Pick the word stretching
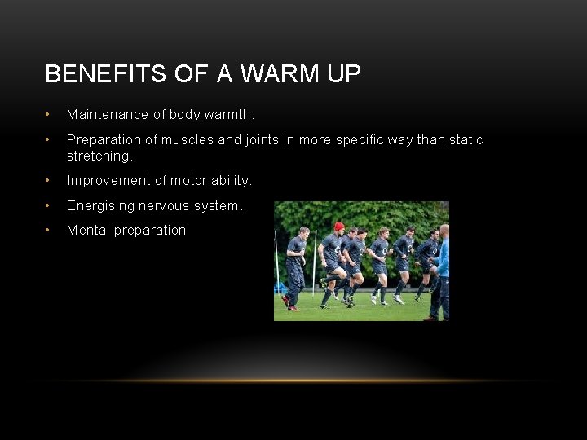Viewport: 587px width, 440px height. (x=99, y=155)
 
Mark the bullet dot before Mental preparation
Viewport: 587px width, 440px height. (x=49, y=230)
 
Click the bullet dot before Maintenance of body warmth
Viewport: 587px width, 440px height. (x=49, y=115)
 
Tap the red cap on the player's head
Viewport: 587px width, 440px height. (x=339, y=226)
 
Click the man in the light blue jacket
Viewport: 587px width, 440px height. (x=443, y=261)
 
